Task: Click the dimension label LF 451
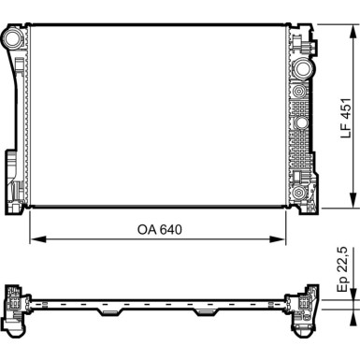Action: tap(346, 119)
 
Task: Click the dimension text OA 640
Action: tap(160, 230)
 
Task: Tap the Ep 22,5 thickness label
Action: tap(342, 270)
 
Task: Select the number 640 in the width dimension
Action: tap(170, 230)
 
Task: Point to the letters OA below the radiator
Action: tap(147, 230)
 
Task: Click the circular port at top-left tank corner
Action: tap(14, 37)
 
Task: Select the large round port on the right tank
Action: tap(303, 68)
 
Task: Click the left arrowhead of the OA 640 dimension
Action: tap(38, 239)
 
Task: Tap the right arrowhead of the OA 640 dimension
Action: tap(277, 239)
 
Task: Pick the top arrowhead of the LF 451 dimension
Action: tap(353, 33)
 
